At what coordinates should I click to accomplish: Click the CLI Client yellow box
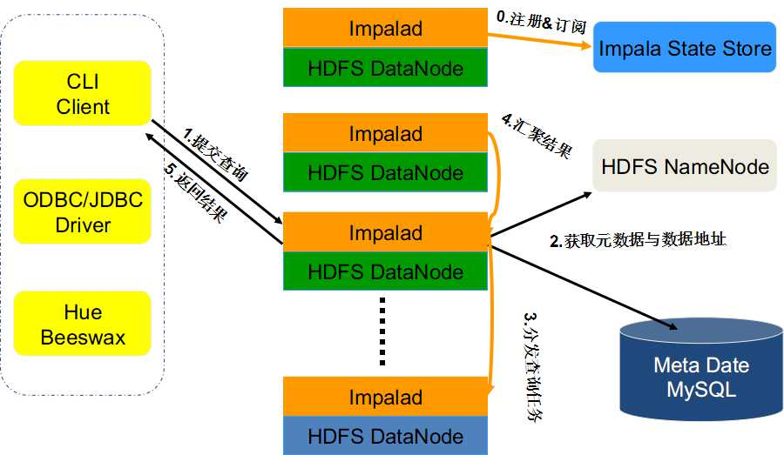(x=83, y=95)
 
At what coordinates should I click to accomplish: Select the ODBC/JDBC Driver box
(x=83, y=213)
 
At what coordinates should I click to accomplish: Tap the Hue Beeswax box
(x=83, y=325)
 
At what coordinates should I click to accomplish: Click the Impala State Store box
(x=684, y=47)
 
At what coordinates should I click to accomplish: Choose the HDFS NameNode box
(x=685, y=165)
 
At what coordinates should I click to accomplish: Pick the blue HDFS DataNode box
(x=385, y=435)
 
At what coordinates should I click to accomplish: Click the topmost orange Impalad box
(x=385, y=29)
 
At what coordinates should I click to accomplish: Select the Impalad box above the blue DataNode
(x=385, y=397)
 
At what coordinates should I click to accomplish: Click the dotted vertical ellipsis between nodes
(x=382, y=331)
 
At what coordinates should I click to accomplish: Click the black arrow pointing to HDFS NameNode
(x=540, y=213)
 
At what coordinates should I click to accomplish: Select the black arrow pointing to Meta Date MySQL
(x=584, y=287)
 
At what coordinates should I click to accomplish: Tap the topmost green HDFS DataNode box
(x=385, y=68)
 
